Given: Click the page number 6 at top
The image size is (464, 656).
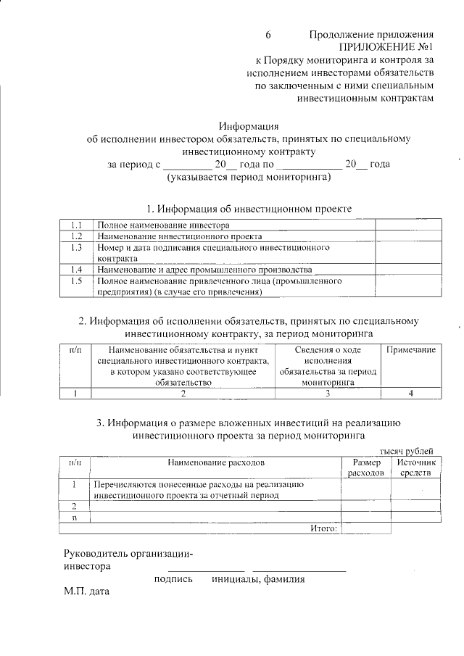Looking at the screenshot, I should tap(268, 35).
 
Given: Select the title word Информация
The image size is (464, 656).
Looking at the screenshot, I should tap(249, 126).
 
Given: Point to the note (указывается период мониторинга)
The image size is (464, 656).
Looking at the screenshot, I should tap(249, 176).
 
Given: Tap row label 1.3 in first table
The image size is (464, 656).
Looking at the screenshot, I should tap(75, 247).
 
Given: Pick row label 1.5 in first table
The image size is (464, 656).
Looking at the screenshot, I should tap(75, 280).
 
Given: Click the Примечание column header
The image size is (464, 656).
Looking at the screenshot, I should tap(410, 350).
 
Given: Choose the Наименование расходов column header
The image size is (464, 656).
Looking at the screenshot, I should tap(216, 462).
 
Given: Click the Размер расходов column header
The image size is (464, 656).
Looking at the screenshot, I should tap(366, 468).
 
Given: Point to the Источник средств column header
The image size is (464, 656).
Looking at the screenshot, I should tap(415, 468).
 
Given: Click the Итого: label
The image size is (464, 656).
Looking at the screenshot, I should tap(323, 529).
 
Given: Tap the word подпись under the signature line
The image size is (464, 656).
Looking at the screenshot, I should tap(173, 579).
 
